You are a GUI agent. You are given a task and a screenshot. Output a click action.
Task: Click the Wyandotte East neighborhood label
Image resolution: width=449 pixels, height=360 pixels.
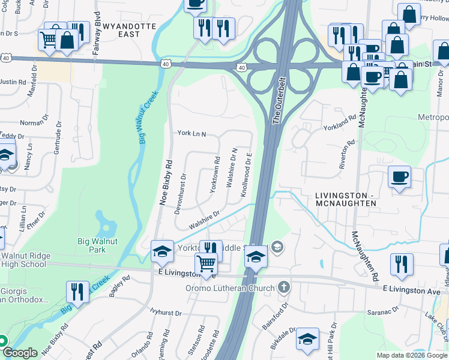[130, 30]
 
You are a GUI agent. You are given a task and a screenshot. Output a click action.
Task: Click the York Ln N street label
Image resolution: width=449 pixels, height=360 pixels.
[191, 134]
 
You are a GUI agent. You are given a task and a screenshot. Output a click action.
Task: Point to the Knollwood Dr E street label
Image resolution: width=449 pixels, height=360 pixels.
[246, 177]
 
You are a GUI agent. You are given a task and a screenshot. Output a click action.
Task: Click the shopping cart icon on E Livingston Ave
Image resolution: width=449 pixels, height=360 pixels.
[206, 263]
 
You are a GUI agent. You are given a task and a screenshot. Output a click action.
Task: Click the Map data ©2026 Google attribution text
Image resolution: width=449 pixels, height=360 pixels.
[412, 355]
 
